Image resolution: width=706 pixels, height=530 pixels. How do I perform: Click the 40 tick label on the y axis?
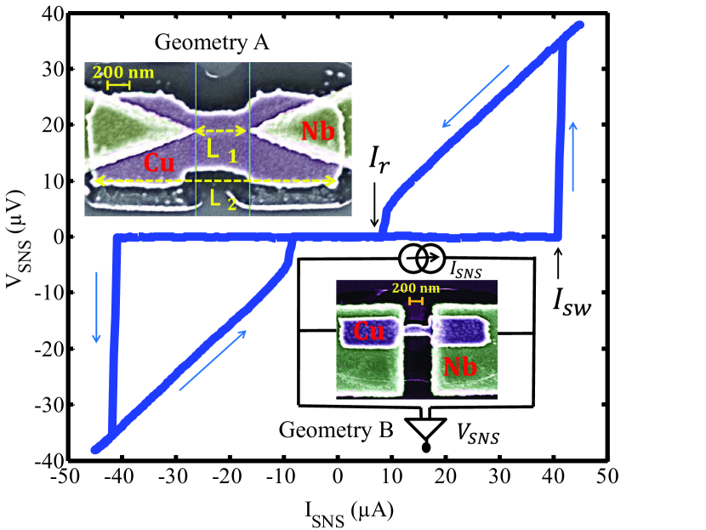(x=50, y=14)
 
